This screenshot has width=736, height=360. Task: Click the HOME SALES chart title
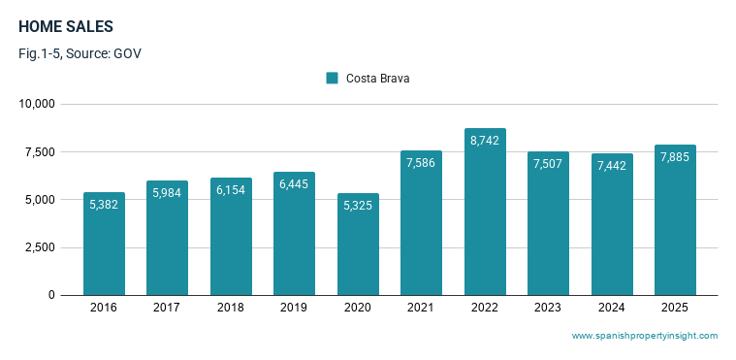click(66, 27)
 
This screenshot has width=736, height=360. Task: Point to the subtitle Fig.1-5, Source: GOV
click(80, 53)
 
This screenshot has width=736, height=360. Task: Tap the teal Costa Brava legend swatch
click(332, 78)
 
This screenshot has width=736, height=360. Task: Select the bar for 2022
click(486, 212)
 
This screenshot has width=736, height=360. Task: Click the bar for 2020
click(358, 245)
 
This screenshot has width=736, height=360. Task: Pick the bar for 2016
click(104, 244)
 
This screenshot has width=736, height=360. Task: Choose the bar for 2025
click(676, 220)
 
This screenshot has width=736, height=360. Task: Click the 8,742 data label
click(485, 141)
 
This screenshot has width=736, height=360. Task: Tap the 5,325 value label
click(358, 206)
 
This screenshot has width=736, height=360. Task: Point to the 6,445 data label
click(294, 184)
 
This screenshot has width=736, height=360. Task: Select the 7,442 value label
click(612, 165)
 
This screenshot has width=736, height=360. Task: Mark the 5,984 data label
click(167, 193)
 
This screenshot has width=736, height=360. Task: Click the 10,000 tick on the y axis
click(37, 104)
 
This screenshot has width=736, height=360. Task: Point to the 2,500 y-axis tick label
click(40, 247)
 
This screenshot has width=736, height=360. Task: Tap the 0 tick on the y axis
click(51, 295)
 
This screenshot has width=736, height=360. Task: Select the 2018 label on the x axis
click(231, 308)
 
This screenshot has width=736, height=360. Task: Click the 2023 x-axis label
click(548, 308)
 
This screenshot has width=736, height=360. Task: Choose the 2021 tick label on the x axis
click(421, 308)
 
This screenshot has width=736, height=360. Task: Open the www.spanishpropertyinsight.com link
click(645, 336)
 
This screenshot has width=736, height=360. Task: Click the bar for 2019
click(295, 234)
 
